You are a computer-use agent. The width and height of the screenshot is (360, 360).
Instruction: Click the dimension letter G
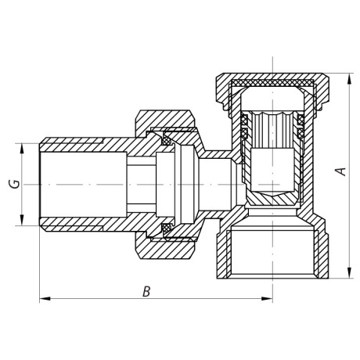(13, 184)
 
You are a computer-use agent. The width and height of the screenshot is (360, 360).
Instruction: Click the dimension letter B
(146, 292)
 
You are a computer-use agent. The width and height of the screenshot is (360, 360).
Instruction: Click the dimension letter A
(340, 171)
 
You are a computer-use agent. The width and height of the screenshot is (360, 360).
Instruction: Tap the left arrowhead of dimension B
(43, 298)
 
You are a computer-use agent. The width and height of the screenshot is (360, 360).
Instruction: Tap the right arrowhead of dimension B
(268, 298)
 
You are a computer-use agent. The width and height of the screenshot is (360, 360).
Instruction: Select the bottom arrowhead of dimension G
(22, 221)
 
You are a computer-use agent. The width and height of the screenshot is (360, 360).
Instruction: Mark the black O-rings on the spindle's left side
(243, 126)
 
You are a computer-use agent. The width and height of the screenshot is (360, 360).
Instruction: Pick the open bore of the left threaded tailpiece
(78, 184)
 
